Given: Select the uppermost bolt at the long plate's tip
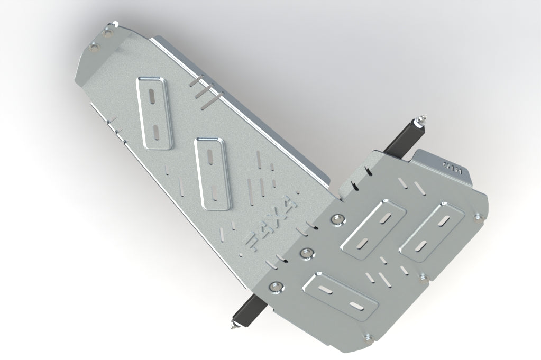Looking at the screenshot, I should pyautogui.click(x=109, y=33).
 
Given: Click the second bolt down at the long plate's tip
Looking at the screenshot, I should pyautogui.click(x=95, y=47).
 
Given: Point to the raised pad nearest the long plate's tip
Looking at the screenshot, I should pyautogui.click(x=155, y=112).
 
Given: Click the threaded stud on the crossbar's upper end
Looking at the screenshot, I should pyautogui.click(x=424, y=119).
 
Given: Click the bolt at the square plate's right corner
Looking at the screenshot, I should pyautogui.click(x=479, y=216).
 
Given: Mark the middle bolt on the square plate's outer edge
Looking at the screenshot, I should pyautogui.click(x=424, y=275).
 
